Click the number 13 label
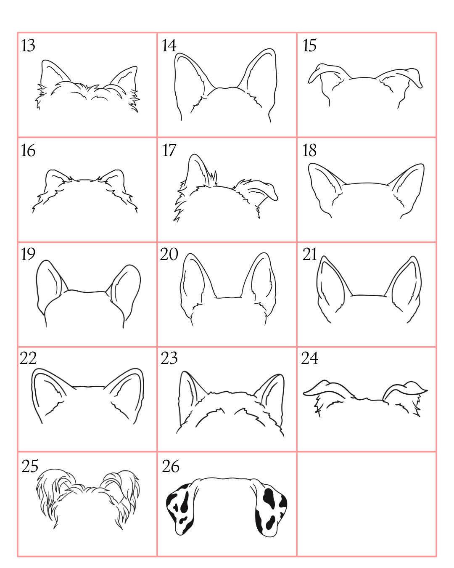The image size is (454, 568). tap(28, 45)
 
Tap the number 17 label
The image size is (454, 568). tap(169, 150)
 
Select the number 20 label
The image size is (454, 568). tap(169, 254)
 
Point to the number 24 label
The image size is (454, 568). tap(310, 358)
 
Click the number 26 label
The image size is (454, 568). tap(171, 466)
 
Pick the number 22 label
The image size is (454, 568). tap(28, 358)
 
